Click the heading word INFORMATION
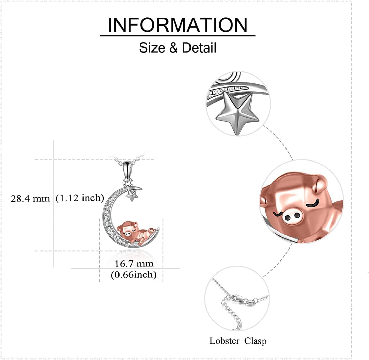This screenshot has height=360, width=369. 177,25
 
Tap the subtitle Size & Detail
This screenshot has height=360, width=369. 177,48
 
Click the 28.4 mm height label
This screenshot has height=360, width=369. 30,198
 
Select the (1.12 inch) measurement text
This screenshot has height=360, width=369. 80,198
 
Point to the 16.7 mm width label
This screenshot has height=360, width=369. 134,264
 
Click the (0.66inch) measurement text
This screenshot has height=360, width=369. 134,275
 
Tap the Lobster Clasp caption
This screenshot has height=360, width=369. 238,341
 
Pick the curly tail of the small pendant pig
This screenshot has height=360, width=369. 152,231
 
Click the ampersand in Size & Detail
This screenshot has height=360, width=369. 173,48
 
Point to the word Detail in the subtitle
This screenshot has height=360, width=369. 199,48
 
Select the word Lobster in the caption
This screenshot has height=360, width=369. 224,341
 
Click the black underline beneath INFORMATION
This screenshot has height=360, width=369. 177,35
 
